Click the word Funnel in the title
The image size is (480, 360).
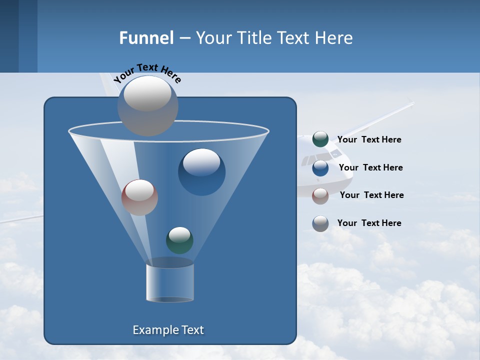[x=146, y=38]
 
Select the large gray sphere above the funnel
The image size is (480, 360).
[x=148, y=105]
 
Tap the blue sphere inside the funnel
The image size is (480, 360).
[x=201, y=171]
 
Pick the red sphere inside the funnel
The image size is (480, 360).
[x=139, y=197]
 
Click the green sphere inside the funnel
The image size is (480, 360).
[x=179, y=240]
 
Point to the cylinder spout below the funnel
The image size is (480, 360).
[x=170, y=282]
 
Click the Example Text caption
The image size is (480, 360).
[x=168, y=330]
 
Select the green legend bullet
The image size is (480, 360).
[x=320, y=139]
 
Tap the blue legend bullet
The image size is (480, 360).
[x=320, y=168]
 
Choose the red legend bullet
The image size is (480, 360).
[x=320, y=196]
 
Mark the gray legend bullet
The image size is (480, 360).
[x=320, y=223]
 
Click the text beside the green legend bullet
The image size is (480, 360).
[x=369, y=139]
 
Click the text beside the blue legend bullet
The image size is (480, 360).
[x=370, y=167]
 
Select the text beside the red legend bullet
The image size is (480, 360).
[x=371, y=195]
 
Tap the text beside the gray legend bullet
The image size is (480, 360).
[x=369, y=223]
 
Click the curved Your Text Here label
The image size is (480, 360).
[x=147, y=72]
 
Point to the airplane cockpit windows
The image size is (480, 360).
[x=315, y=160]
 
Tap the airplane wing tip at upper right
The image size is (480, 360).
[x=411, y=103]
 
